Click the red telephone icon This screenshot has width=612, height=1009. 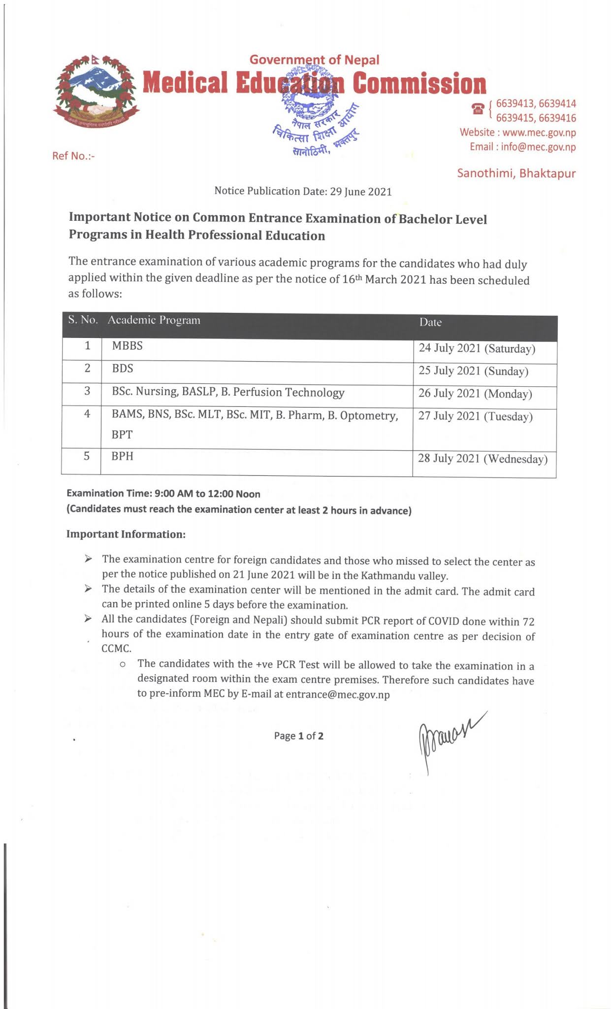(478, 109)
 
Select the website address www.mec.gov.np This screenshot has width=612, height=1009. (539, 133)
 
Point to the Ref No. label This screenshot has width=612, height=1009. (73, 156)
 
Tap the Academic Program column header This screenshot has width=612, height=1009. (154, 321)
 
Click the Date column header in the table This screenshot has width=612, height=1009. (430, 323)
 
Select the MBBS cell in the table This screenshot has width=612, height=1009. (127, 346)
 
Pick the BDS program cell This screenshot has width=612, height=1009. (123, 369)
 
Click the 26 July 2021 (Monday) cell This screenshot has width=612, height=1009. (475, 394)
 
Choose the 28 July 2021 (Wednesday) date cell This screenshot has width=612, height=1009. (483, 459)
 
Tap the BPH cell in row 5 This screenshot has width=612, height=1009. (123, 456)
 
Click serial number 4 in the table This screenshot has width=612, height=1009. (87, 414)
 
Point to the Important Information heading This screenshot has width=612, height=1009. (126, 535)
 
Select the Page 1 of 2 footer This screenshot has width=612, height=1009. (299, 736)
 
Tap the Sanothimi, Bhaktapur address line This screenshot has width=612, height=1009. (516, 173)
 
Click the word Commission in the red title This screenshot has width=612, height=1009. (419, 83)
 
